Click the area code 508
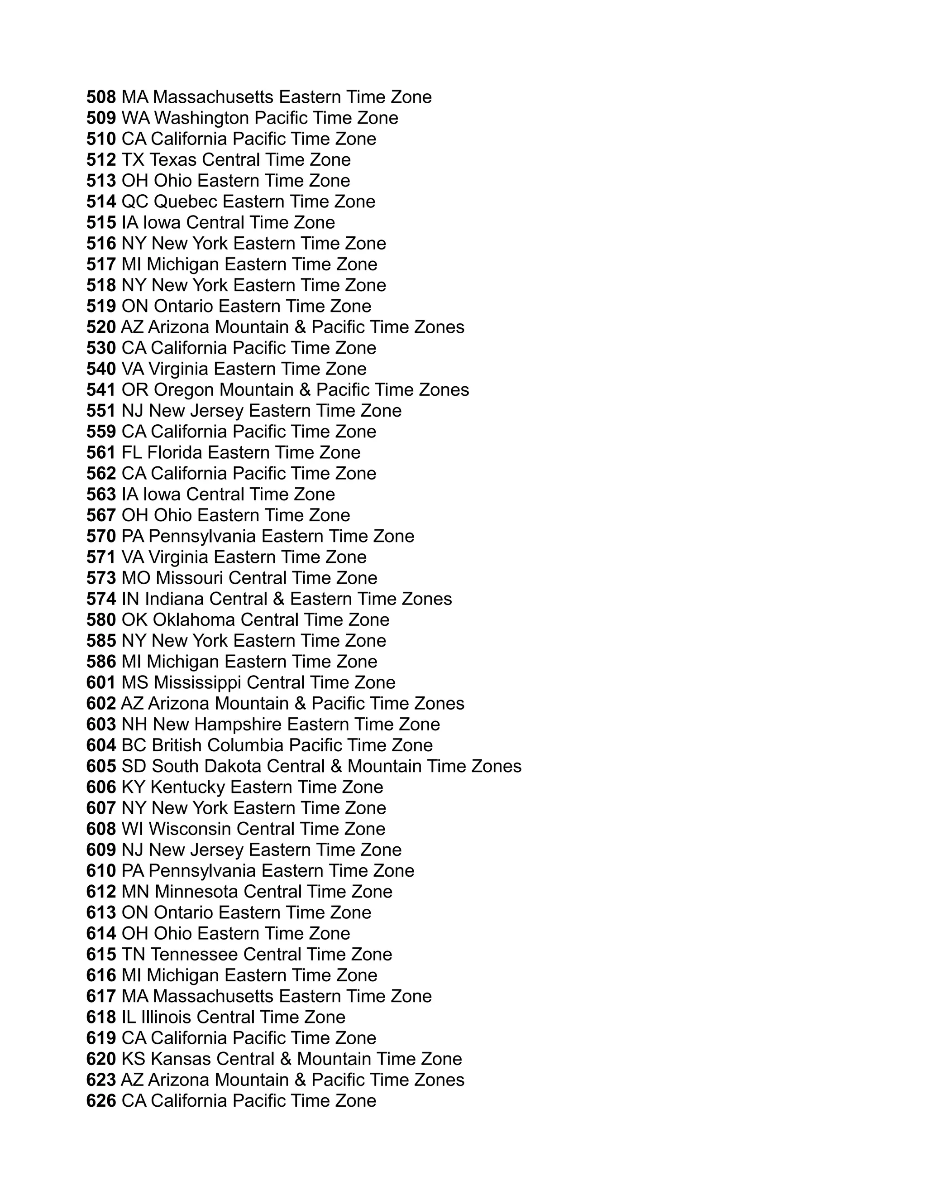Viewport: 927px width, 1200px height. click(101, 97)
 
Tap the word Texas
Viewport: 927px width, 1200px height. click(172, 160)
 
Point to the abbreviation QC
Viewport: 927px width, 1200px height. click(134, 202)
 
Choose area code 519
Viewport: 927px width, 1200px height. click(101, 306)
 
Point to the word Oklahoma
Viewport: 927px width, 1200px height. click(194, 620)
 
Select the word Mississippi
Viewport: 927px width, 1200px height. click(198, 683)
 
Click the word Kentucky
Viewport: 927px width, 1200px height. click(188, 787)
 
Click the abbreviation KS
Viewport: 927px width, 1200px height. click(134, 1059)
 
